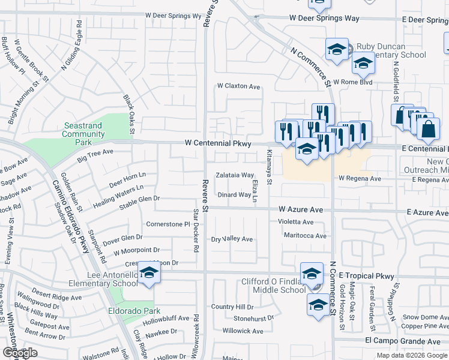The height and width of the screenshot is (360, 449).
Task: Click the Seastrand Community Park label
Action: click(84, 134)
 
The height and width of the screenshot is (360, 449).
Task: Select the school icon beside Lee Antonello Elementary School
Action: click(148, 273)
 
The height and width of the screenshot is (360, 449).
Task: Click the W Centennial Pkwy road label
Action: click(215, 143)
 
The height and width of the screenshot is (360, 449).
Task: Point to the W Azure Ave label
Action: click(301, 209)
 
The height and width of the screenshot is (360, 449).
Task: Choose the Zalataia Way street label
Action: click(235, 175)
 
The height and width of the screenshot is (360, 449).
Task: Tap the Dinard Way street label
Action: click(234, 194)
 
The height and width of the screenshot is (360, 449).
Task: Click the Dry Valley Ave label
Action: click(232, 239)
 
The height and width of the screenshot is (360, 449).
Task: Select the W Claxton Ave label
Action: click(239, 86)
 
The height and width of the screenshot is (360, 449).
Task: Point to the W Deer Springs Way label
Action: click(324, 18)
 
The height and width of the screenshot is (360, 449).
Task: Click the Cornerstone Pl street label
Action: click(168, 224)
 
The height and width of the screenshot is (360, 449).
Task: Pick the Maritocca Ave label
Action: click(305, 236)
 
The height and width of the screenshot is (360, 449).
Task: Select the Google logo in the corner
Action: click(20, 353)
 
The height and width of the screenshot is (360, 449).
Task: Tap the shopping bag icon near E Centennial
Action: click(428, 129)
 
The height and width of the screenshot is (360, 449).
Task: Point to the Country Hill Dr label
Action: click(232, 307)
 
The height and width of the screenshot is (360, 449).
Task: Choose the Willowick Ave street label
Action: click(243, 331)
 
